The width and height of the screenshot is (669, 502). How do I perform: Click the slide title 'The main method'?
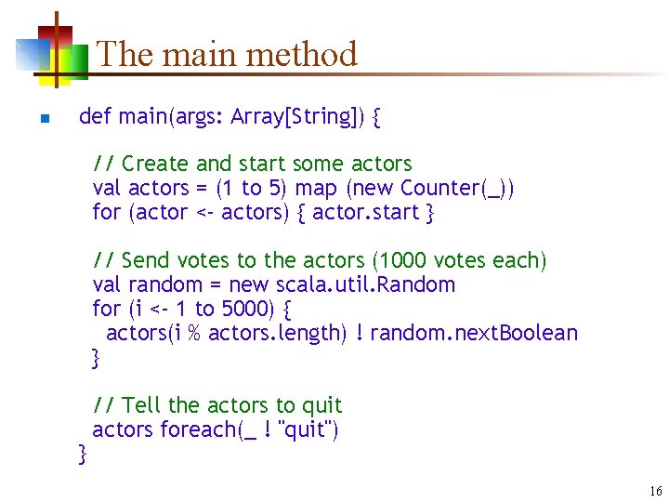(227, 54)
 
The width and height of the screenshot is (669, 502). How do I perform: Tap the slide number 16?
(656, 491)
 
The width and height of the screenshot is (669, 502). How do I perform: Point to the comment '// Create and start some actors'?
(252, 164)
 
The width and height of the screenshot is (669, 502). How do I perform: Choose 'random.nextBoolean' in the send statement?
(473, 333)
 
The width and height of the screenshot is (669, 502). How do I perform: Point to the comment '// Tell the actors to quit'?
(217, 405)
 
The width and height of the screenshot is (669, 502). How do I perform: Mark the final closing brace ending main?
(84, 453)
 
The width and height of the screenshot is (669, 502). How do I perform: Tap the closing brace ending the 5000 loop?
(96, 356)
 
